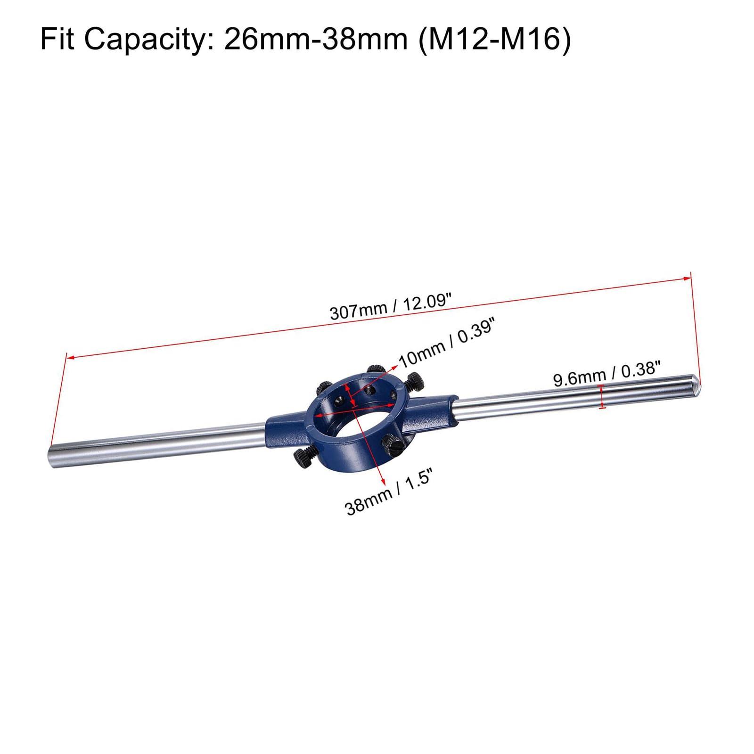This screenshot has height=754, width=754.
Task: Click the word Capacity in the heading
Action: click(148, 39)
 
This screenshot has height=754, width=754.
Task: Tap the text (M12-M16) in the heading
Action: click(495, 39)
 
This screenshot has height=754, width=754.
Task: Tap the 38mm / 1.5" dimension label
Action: click(389, 493)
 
